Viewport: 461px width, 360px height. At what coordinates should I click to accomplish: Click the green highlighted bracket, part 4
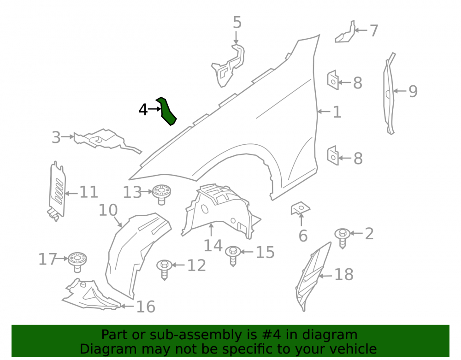tap(166, 111)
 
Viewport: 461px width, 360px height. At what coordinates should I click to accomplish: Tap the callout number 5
tap(237, 22)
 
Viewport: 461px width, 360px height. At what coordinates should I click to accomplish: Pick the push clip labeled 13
tap(161, 194)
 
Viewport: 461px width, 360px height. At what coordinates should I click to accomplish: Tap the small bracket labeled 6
tap(300, 208)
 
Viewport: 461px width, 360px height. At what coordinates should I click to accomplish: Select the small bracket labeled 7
tap(345, 32)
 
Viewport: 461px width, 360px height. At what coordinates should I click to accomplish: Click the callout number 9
tap(413, 91)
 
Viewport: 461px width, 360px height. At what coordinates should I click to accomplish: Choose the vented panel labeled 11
tap(57, 191)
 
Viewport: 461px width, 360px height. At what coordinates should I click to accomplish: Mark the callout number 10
tap(108, 210)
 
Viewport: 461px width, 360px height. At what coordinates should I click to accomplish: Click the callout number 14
tap(213, 245)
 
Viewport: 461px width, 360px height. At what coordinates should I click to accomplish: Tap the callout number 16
tap(146, 307)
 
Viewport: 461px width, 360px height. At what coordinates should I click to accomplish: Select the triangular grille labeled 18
tap(313, 276)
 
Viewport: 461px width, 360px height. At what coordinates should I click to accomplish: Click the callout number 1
tap(337, 112)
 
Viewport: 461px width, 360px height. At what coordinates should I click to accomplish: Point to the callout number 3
tap(56, 137)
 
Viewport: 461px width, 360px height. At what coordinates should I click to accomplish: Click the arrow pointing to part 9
tap(400, 91)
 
